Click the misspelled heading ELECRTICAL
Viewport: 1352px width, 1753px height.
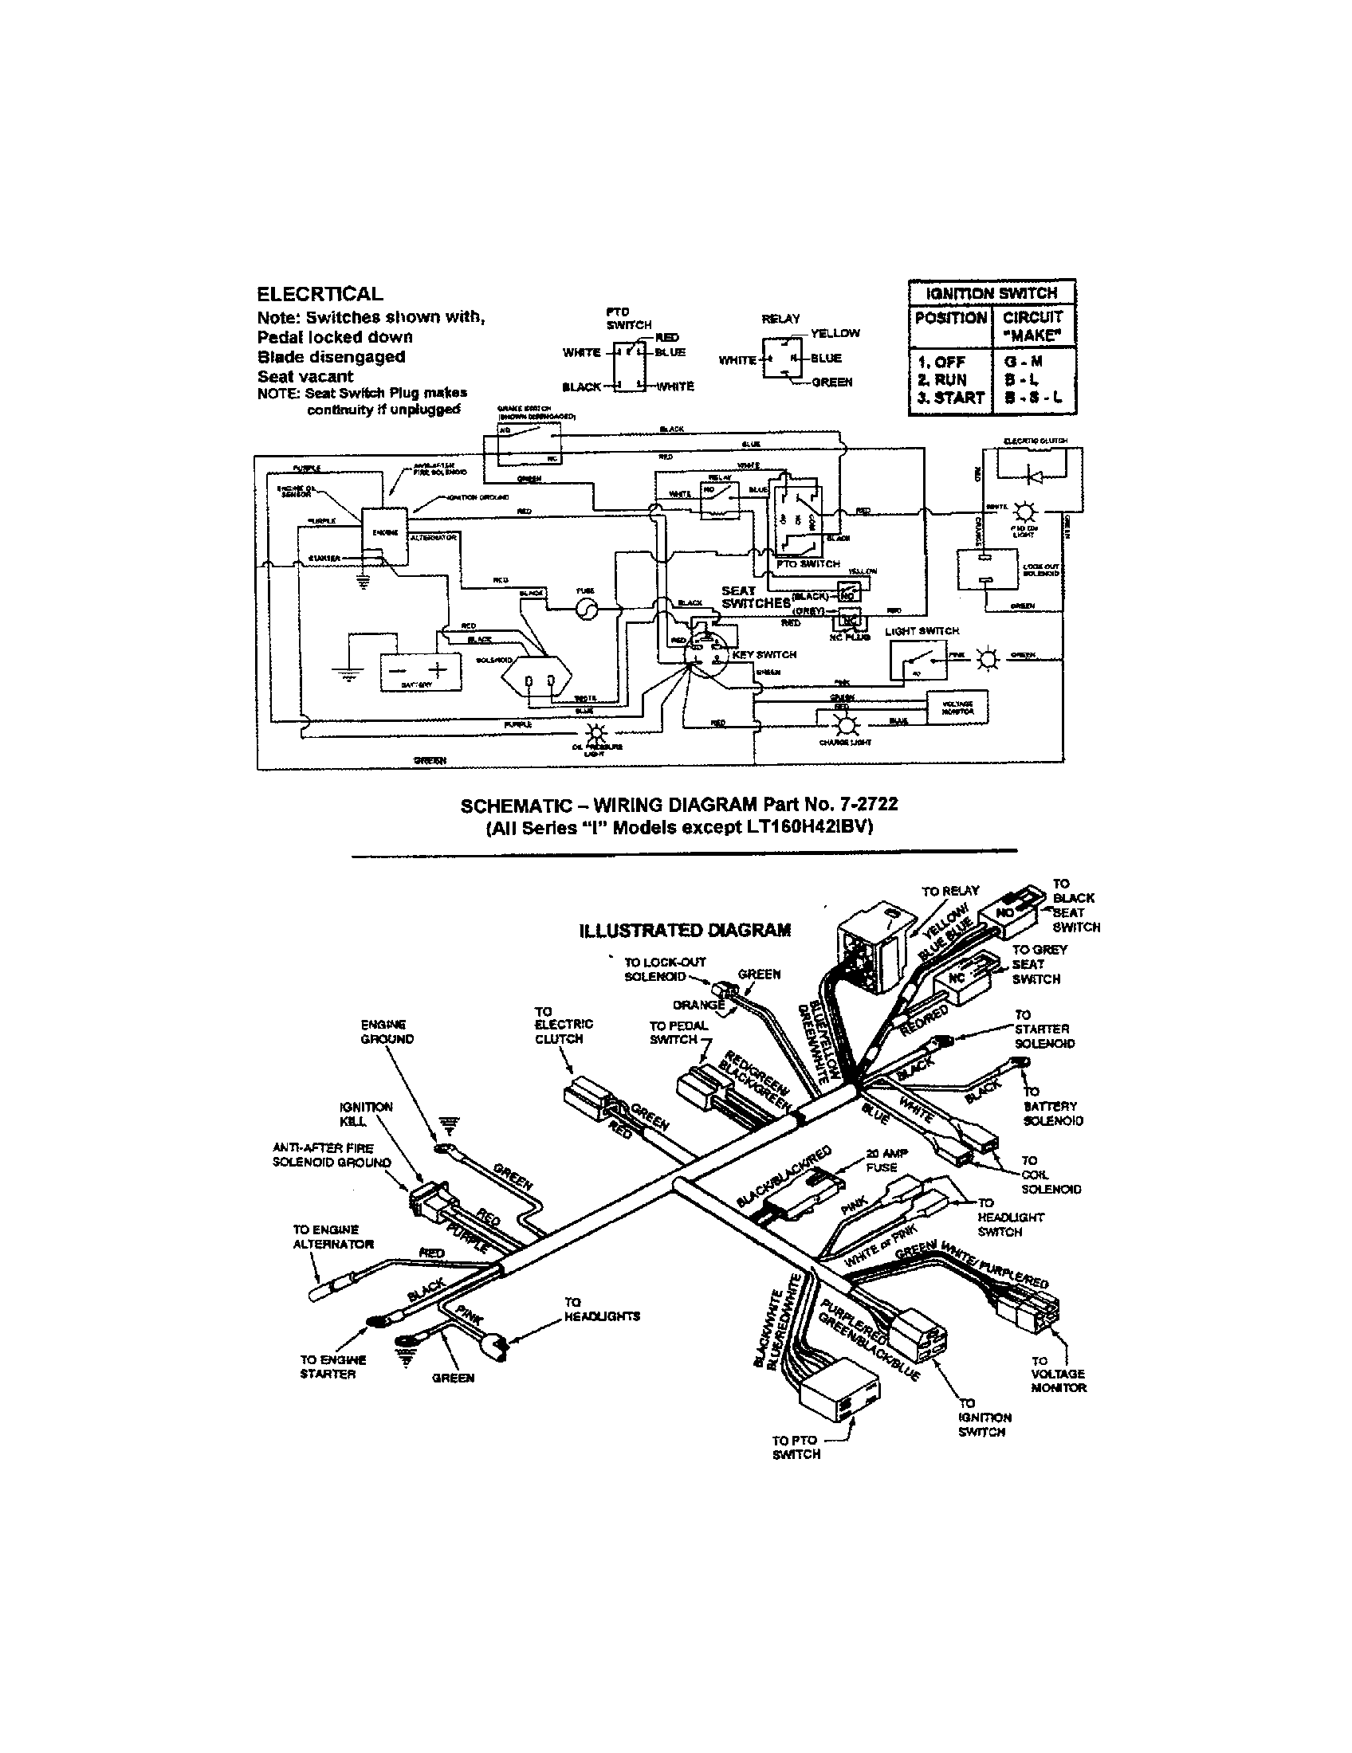(x=320, y=294)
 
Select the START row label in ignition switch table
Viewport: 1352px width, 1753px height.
(x=953, y=398)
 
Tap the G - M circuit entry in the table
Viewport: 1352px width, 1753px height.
(x=1032, y=362)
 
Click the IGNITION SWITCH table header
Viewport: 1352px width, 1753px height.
(x=992, y=293)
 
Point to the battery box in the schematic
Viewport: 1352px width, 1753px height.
(x=421, y=671)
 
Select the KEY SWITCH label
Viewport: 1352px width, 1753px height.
(x=764, y=654)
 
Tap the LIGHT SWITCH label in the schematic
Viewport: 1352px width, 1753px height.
(x=922, y=631)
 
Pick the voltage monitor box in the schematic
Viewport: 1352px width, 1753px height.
(x=957, y=707)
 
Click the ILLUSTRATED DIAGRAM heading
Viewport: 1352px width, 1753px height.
(x=684, y=929)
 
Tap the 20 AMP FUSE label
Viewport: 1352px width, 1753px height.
(x=881, y=1160)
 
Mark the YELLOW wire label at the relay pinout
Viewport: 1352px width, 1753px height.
(x=835, y=333)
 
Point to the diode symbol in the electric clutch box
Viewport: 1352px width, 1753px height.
(x=1035, y=476)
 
